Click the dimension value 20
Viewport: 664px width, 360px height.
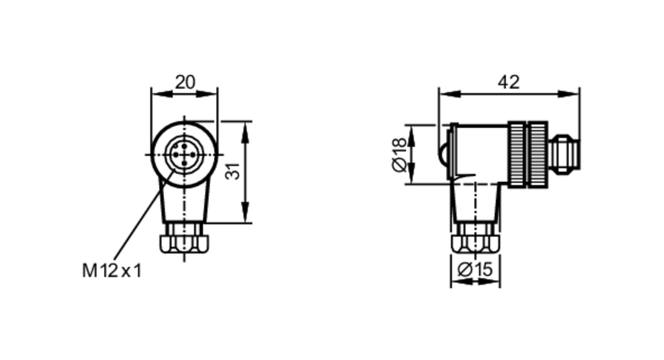coord(185,82)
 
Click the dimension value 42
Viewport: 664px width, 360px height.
coord(508,82)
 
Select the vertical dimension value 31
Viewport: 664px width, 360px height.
coord(233,171)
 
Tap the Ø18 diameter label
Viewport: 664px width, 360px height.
coord(399,155)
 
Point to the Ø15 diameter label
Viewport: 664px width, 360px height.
coord(475,269)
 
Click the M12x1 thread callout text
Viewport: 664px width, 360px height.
coord(112,271)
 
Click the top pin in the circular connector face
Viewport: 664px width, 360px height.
coord(184,146)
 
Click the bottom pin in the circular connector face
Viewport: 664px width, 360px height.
coord(185,163)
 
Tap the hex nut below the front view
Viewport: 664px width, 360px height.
coord(184,244)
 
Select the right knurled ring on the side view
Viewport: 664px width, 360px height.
coord(538,155)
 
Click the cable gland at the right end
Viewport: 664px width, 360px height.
coord(564,154)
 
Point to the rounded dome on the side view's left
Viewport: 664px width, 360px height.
coord(443,155)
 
